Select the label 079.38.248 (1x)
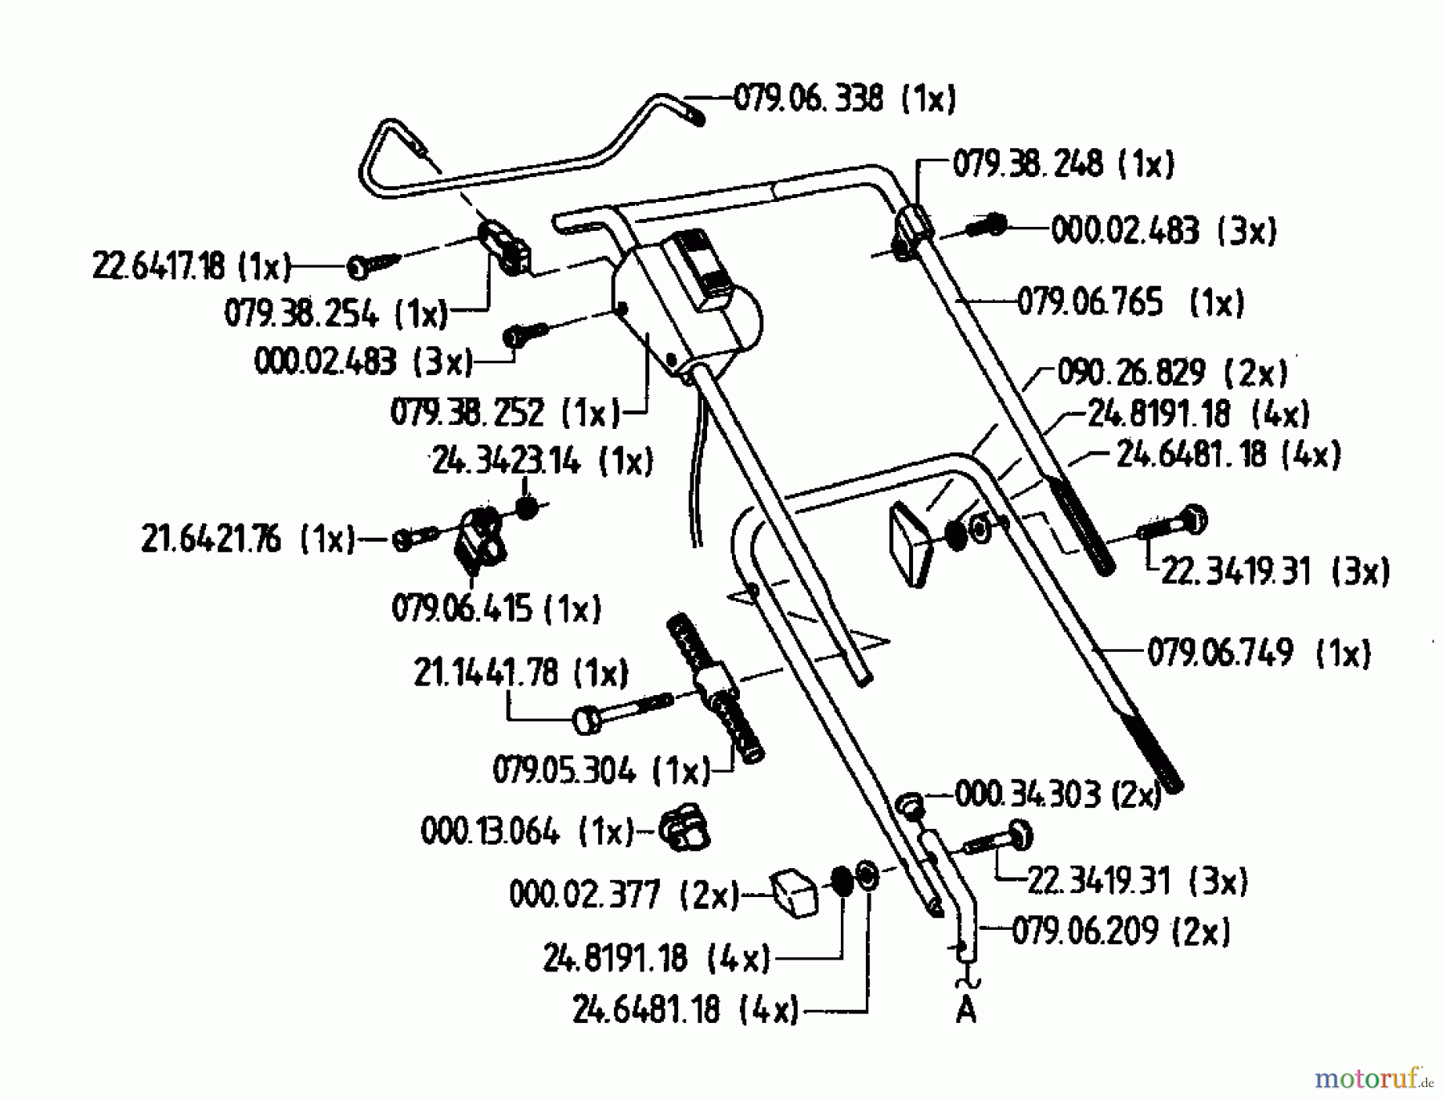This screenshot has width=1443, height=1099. coord(1063,165)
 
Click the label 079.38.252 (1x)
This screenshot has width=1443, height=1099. coord(505,414)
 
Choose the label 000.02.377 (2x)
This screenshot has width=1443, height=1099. coord(624,895)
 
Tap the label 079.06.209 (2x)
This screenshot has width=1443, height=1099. coord(1121,932)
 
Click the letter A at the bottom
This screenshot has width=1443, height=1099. coord(966,1011)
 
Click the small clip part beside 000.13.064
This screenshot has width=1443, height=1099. coord(684,828)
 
